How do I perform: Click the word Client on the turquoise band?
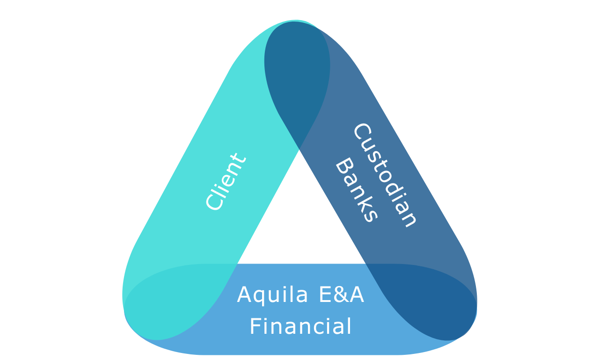coord(226,182)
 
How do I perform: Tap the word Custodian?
coord(385,176)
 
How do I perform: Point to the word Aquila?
coord(272,295)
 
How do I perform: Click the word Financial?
coord(300,326)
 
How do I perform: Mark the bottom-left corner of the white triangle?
coord(238,263)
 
